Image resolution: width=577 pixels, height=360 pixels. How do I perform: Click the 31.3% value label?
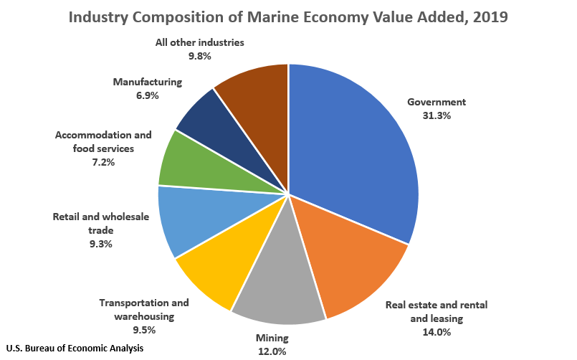[x=437, y=116]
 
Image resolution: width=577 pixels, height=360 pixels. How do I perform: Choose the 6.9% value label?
[x=147, y=95]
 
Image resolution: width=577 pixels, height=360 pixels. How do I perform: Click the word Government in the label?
[x=437, y=102]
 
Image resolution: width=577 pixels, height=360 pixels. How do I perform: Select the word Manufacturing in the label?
[x=148, y=82]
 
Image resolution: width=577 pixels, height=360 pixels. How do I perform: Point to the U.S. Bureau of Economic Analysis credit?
[x=75, y=348]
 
